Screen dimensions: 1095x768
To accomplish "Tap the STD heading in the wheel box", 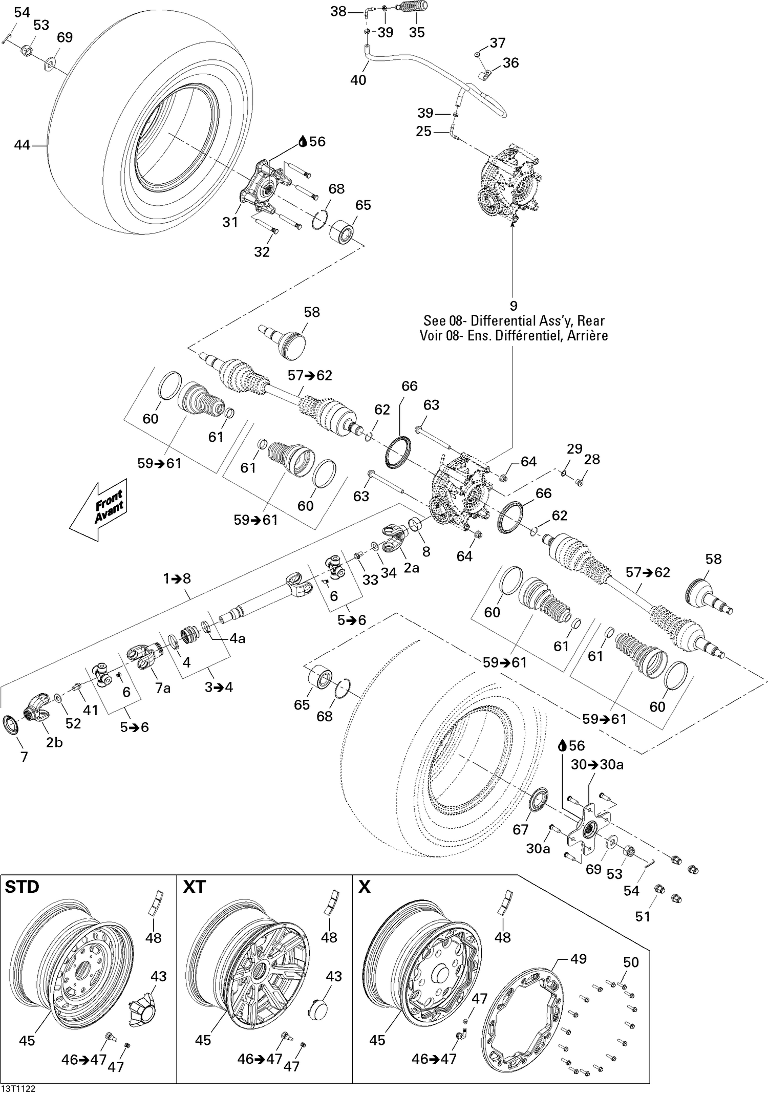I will coord(22,887).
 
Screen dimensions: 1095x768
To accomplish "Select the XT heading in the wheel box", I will coord(194,887).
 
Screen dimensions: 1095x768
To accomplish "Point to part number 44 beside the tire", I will coord(22,145).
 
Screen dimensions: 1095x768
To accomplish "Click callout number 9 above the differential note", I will coord(513,306).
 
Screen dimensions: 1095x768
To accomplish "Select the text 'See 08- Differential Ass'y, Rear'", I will coord(514,321).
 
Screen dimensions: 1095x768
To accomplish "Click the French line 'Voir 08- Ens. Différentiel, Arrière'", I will coord(514,336).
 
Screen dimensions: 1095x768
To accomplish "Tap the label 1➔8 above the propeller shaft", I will coord(177,578).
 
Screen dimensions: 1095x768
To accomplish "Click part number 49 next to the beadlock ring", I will coord(578,958).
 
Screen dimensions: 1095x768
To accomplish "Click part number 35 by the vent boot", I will coord(417,32).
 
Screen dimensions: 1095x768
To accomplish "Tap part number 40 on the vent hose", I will coord(358,80).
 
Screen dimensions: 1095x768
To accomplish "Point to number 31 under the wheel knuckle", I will coord(230,222).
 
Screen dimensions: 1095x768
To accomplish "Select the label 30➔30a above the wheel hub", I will coord(597,765).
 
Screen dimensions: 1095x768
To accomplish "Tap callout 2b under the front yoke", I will coord(54,742).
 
